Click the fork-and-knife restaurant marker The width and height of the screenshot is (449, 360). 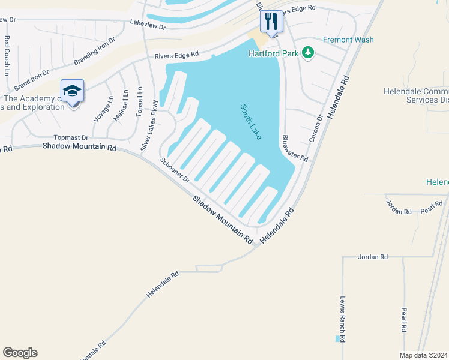(271, 22)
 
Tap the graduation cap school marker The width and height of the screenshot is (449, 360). (72, 91)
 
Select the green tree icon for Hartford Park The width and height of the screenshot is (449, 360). (308, 53)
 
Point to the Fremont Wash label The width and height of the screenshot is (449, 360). (348, 40)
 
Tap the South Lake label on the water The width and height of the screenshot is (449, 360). (251, 122)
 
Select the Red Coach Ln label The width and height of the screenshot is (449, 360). (7, 55)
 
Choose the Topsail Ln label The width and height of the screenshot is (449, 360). (140, 102)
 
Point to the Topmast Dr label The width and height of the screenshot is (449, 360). (71, 137)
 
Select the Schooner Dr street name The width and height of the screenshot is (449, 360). (175, 170)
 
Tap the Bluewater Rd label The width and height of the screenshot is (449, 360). (295, 148)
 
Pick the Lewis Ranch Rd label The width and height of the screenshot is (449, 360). (342, 319)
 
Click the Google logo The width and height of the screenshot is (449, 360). (20, 353)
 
